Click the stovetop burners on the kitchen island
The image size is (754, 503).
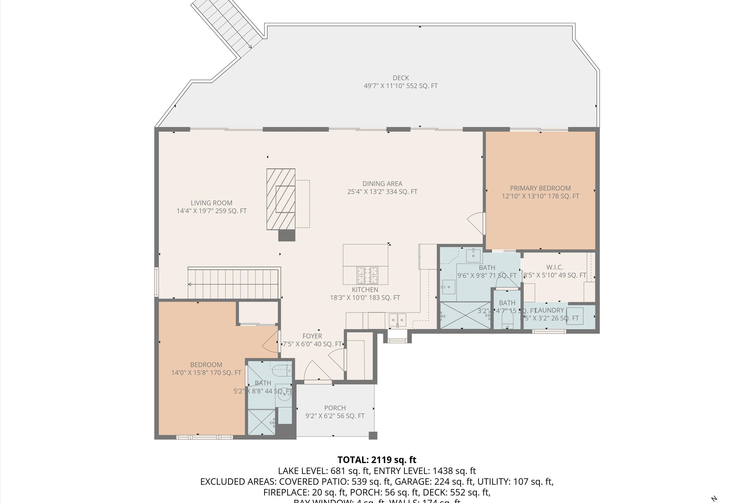click(x=367, y=275)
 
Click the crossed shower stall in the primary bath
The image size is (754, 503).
click(x=465, y=315)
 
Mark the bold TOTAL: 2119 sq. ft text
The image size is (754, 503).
click(x=377, y=460)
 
